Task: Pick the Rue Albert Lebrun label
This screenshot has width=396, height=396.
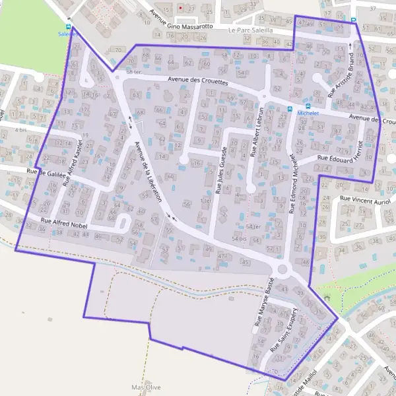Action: (x=257, y=132)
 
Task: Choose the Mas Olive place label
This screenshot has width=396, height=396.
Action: (x=147, y=387)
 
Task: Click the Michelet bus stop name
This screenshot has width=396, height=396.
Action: (x=308, y=113)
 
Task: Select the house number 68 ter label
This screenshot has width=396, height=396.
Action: (x=133, y=71)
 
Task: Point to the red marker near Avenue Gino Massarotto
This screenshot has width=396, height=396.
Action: (x=180, y=8)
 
